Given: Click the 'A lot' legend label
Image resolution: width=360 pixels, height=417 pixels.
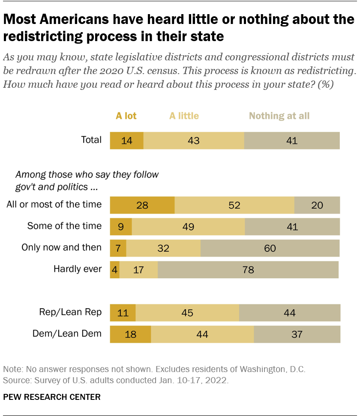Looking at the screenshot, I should pos(126,116).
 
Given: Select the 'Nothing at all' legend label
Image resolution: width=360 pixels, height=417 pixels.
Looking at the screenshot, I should pos(279,116).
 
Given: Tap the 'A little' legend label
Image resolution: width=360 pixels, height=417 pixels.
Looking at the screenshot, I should pos(184,116).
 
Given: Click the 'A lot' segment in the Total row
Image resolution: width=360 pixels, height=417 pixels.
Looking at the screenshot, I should pos(126,140).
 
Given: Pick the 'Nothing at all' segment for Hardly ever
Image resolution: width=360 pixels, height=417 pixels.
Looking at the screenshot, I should pos(248,270).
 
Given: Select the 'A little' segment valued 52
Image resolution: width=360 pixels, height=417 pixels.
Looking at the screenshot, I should pos(234,205).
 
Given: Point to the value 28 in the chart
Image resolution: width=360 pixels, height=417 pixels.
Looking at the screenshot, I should pos(142,205).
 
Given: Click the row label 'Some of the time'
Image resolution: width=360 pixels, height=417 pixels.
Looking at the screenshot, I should pos(64,226).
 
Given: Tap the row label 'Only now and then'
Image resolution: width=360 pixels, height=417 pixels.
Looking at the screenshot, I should pos(62,247).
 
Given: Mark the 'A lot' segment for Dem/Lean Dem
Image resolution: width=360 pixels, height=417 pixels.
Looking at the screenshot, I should pos(130,334).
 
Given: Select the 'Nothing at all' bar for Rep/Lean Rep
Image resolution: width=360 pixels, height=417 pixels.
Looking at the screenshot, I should pos(289,313).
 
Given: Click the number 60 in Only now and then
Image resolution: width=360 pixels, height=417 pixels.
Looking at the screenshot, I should pos(270,248).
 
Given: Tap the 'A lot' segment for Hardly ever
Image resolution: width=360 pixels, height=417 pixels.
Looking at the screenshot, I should pos(114,270).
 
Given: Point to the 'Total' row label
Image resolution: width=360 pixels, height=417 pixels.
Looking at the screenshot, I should pos(91,140).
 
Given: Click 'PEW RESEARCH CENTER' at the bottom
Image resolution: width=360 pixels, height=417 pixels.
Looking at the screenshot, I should pos(52,397).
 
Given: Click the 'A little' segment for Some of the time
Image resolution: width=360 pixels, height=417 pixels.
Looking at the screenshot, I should pos(188,226).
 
